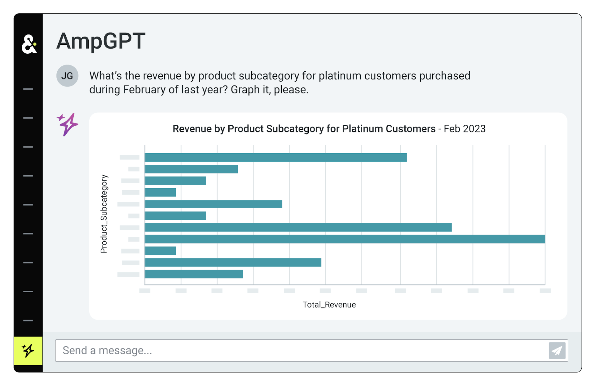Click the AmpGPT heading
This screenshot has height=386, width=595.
(x=101, y=41)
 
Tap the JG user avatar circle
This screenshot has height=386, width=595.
(x=67, y=76)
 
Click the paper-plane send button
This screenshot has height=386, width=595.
(x=557, y=350)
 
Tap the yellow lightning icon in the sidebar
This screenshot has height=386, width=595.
(x=28, y=351)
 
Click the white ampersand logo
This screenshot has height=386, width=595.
(x=29, y=44)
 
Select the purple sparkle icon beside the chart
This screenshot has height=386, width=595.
(x=68, y=124)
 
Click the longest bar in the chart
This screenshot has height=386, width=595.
(x=345, y=239)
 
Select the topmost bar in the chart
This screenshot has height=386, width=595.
(x=276, y=157)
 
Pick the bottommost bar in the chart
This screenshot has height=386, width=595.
(x=194, y=274)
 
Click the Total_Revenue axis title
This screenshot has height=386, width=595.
(x=329, y=305)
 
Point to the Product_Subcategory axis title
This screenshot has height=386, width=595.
(x=104, y=214)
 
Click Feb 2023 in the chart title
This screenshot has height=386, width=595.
(x=465, y=129)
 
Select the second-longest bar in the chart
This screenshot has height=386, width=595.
(x=298, y=227)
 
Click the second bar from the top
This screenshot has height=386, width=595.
(x=191, y=169)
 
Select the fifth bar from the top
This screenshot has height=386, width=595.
(x=214, y=204)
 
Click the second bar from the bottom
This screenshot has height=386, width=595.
(x=233, y=263)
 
